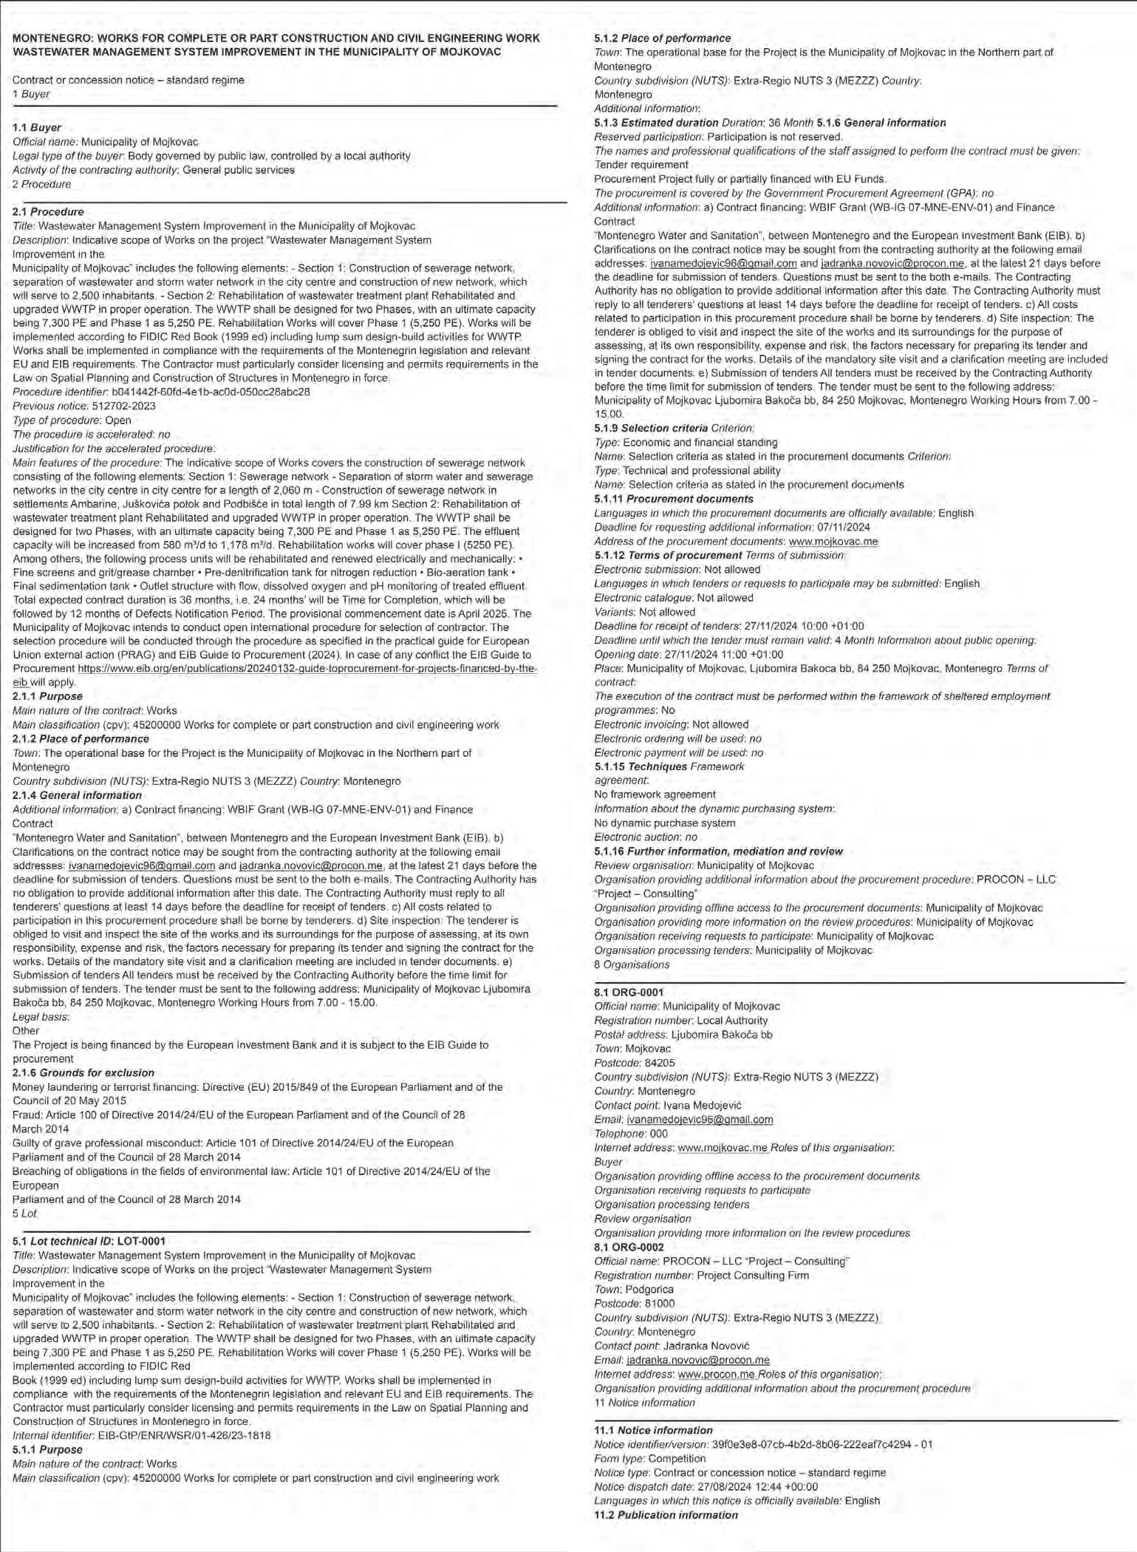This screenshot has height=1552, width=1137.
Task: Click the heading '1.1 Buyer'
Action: coord(37,127)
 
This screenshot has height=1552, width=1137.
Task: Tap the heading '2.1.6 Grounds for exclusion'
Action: coord(83,1072)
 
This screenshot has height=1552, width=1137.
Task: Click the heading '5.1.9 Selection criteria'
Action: coord(651,428)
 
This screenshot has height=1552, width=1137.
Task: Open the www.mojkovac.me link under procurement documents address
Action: coord(833,541)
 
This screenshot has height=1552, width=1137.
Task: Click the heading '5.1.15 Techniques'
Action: coord(641,766)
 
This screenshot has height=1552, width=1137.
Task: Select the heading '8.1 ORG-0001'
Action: coord(629,992)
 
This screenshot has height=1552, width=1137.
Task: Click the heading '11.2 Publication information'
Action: coord(666,1515)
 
